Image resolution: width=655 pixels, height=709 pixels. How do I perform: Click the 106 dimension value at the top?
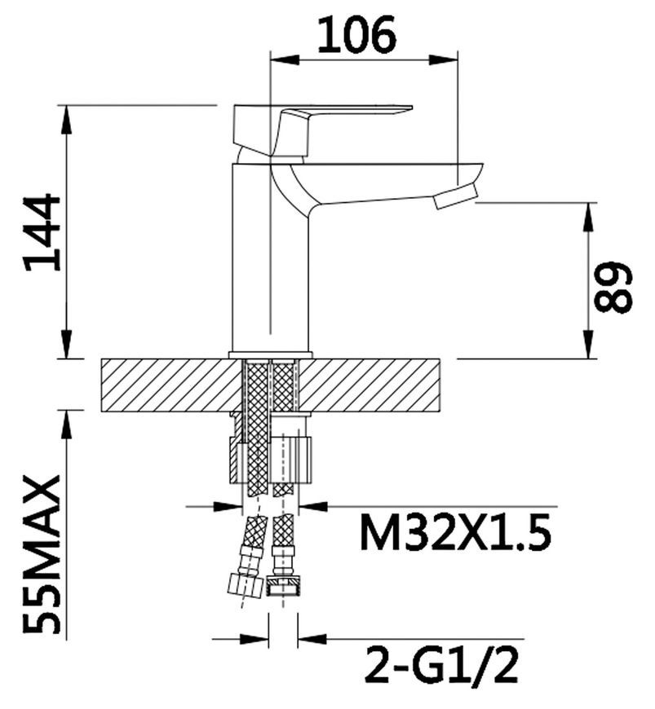[356, 35]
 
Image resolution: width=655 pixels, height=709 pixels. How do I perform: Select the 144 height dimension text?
[42, 232]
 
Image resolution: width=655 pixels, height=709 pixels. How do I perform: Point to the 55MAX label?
[42, 553]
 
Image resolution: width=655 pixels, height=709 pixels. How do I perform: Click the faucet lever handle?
[316, 129]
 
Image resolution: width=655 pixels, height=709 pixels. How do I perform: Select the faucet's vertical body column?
[270, 258]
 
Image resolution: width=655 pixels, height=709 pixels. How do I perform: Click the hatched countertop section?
[271, 385]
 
